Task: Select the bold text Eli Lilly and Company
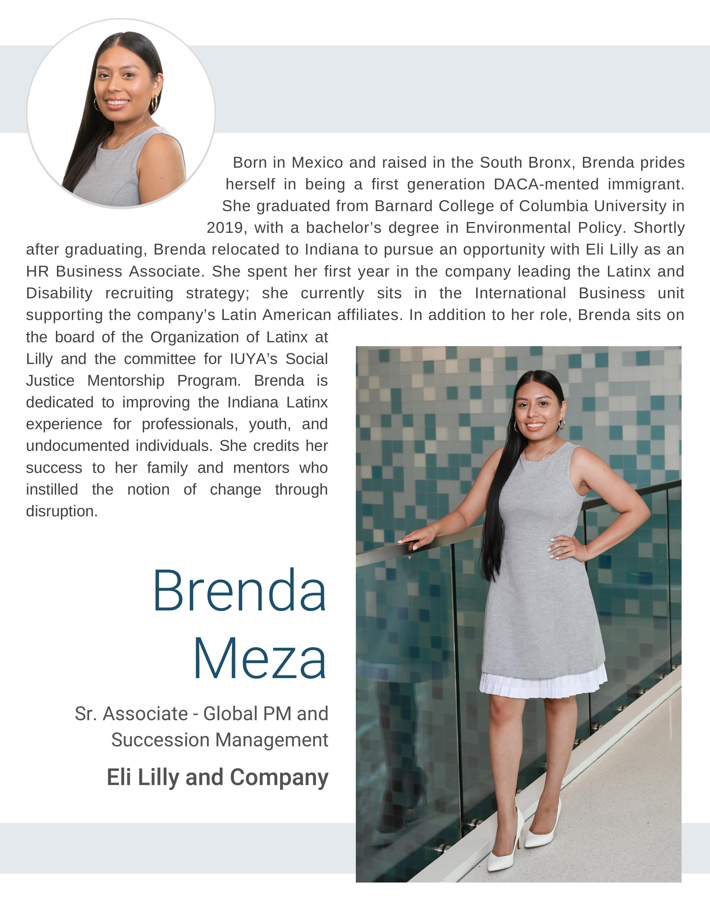tap(217, 777)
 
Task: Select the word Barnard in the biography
tap(404, 206)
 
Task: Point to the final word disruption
tap(62, 511)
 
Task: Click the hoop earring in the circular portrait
tap(154, 104)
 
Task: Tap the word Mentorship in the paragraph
tap(126, 380)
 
